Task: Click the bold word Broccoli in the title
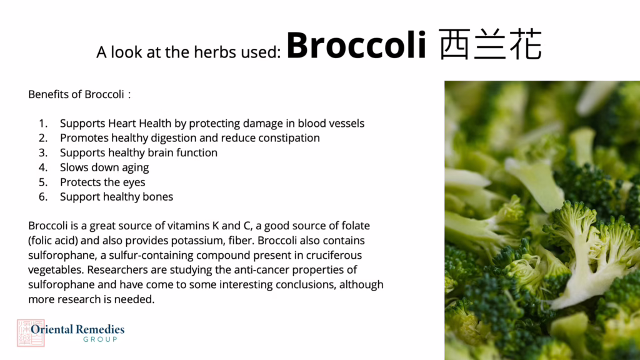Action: [356, 44]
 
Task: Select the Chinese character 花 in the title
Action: [526, 44]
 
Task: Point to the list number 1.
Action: [43, 123]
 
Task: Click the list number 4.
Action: [43, 167]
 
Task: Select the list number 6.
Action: [43, 197]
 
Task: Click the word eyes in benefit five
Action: [134, 182]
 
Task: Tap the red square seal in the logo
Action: [31, 333]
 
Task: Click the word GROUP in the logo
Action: [101, 339]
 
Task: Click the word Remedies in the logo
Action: [100, 329]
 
